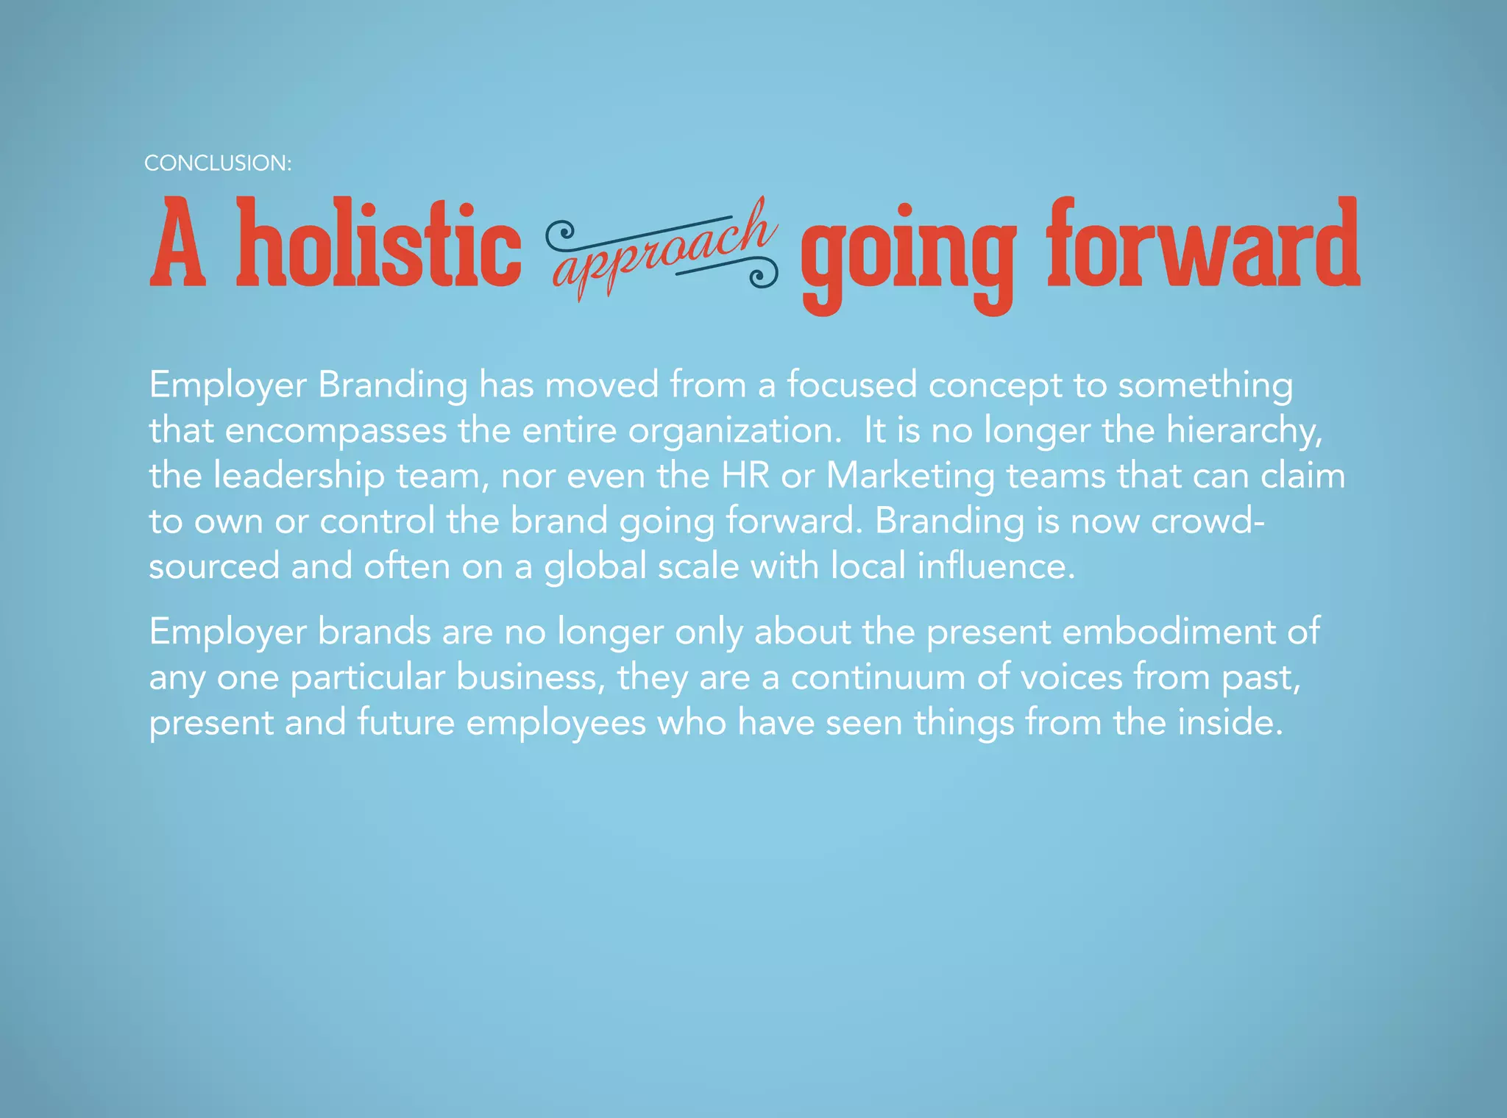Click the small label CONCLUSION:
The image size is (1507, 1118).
218,163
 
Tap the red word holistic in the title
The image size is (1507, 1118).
378,243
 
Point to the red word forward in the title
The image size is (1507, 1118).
1203,243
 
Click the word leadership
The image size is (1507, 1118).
299,476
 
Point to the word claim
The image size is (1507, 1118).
1302,476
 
